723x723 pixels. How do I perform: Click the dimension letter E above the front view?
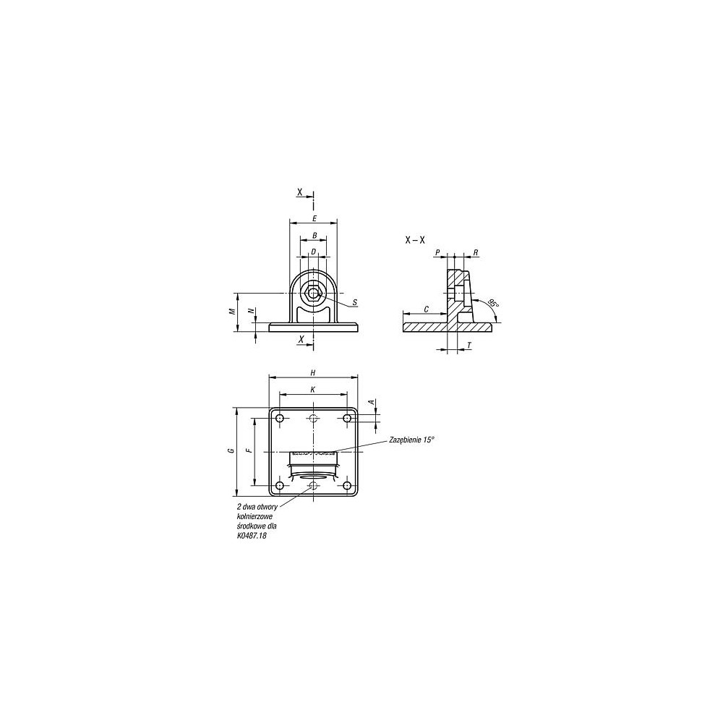point(315,218)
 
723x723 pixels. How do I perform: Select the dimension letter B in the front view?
point(315,235)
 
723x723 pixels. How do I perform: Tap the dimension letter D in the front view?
point(314,252)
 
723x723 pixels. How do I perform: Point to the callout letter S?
point(354,302)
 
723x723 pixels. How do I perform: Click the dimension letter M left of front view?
point(233,311)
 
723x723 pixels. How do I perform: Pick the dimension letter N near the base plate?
point(252,311)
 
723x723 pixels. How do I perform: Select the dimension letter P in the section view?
point(438,252)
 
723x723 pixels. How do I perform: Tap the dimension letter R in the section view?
point(476,252)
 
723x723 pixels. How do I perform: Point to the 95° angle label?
point(493,303)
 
